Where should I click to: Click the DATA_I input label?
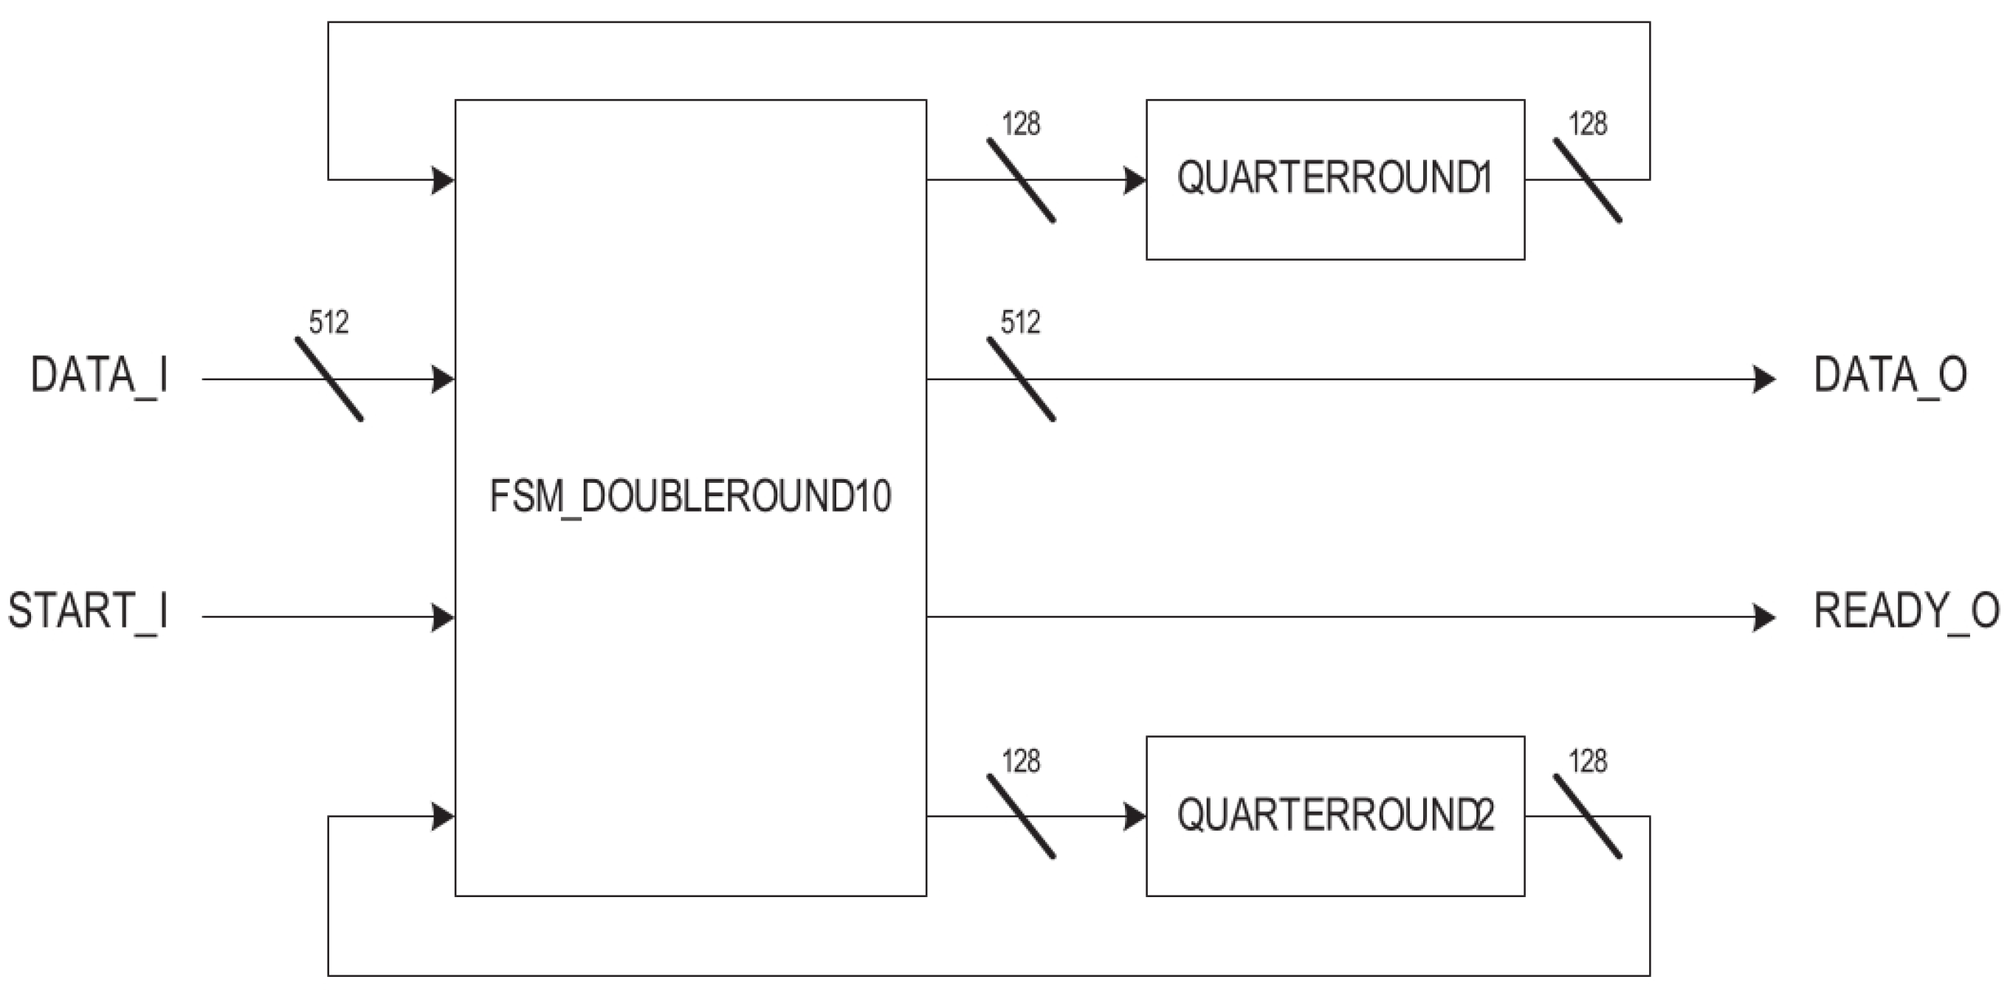pos(99,376)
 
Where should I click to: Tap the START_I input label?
pos(88,612)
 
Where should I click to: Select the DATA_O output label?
pos(1889,376)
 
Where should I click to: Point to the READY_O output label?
pos(1905,612)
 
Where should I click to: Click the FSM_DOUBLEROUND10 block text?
pos(689,496)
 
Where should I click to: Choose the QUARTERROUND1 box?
pos(1335,179)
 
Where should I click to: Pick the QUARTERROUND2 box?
pos(1335,816)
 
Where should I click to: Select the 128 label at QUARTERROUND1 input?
pos(1020,124)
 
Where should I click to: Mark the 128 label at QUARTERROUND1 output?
pos(1587,124)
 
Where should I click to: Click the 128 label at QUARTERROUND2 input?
pos(1020,761)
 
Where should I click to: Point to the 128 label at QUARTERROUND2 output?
pos(1587,761)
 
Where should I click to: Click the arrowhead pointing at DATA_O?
pos(1763,380)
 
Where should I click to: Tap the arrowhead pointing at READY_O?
pos(1763,617)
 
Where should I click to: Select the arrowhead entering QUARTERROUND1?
pos(1135,180)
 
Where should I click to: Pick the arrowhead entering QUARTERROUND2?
pos(1135,817)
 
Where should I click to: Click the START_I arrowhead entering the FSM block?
pos(442,617)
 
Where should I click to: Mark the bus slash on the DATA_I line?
pos(328,380)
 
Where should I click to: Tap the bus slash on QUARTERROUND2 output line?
pos(1587,817)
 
